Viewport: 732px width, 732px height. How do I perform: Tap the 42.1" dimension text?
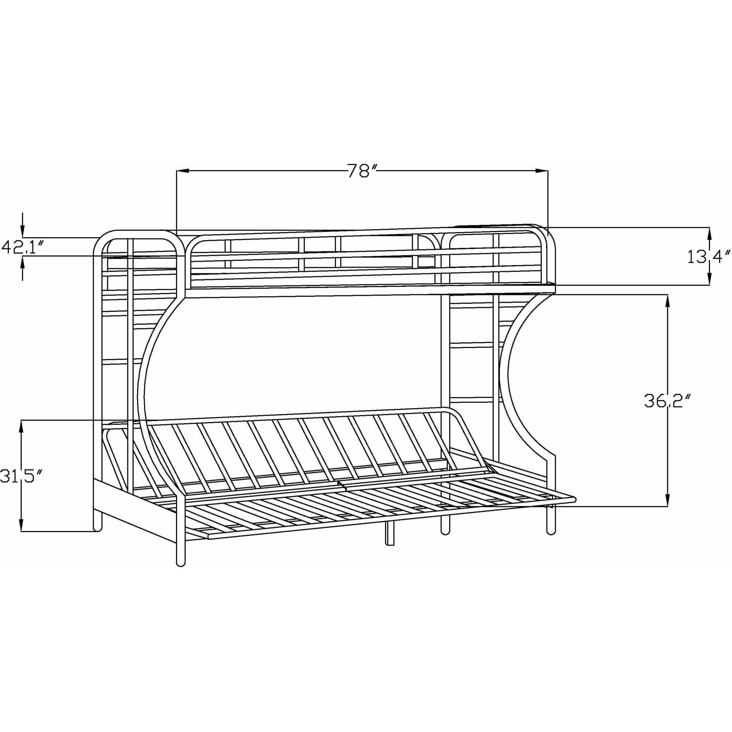(22, 247)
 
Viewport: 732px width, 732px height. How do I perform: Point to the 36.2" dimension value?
(666, 401)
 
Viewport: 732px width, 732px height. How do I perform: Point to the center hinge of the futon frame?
(341, 485)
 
